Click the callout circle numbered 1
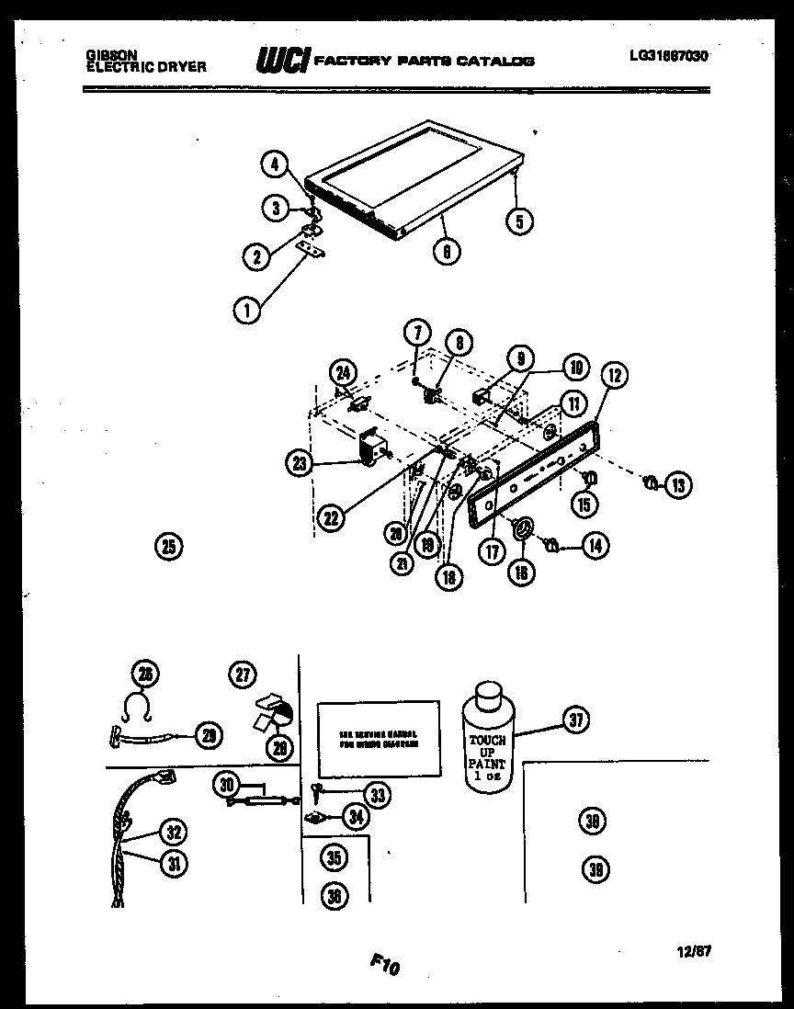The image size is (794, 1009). pyautogui.click(x=245, y=311)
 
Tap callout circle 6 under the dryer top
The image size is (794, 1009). pyautogui.click(x=447, y=250)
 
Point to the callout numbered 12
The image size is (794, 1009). pyautogui.click(x=614, y=375)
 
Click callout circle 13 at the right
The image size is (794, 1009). pyautogui.click(x=677, y=485)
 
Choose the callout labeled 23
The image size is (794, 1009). pyautogui.click(x=300, y=464)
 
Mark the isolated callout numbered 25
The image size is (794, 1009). pyautogui.click(x=166, y=547)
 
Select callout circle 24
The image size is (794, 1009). pyautogui.click(x=343, y=374)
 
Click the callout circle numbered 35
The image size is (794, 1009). pyautogui.click(x=335, y=858)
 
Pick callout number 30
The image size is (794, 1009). pyautogui.click(x=226, y=784)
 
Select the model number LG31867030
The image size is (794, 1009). pyautogui.click(x=669, y=55)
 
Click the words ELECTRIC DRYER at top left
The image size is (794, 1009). pyautogui.click(x=146, y=67)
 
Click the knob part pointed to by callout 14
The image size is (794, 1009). pyautogui.click(x=552, y=546)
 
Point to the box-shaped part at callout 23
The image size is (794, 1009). pyautogui.click(x=372, y=449)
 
